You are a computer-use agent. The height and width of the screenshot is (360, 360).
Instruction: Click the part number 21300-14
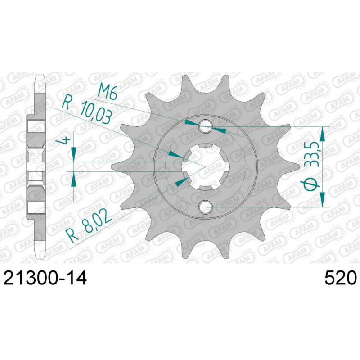click(x=45, y=278)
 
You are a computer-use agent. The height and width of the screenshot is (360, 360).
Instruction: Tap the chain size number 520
click(x=341, y=278)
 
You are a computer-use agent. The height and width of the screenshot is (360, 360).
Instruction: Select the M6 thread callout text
click(x=108, y=91)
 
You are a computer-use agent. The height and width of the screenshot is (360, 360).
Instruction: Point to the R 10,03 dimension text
click(x=87, y=110)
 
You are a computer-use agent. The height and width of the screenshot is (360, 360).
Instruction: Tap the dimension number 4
click(x=66, y=140)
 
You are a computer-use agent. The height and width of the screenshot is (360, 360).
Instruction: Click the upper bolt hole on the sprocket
click(x=206, y=126)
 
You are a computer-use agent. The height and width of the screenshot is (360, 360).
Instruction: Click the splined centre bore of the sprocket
click(x=206, y=167)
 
